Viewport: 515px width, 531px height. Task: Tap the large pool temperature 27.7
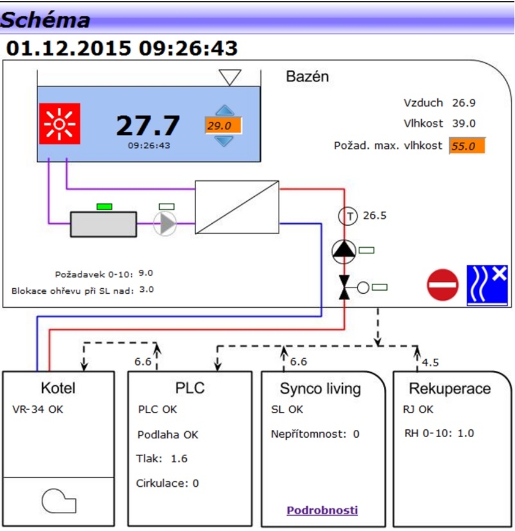click(148, 126)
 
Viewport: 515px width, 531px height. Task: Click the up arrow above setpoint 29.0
click(225, 111)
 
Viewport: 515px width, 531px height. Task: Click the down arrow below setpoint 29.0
click(225, 140)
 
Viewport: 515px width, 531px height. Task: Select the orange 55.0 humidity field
click(467, 146)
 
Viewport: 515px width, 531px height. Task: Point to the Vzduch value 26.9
click(464, 102)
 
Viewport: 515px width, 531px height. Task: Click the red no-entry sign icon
click(443, 285)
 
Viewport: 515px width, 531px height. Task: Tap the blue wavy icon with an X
click(487, 285)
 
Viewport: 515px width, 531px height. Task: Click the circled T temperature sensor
click(348, 216)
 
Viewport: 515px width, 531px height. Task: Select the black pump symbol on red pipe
click(344, 250)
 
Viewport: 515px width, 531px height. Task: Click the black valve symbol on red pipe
click(344, 286)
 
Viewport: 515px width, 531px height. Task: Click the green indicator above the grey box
click(104, 206)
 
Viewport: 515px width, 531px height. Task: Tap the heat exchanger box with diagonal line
click(237, 207)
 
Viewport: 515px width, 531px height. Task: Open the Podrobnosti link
click(322, 510)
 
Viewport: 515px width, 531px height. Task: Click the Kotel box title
click(59, 388)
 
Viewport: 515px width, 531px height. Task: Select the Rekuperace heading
click(449, 389)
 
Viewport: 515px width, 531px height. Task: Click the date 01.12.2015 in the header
click(68, 48)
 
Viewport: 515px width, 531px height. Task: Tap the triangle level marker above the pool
click(231, 77)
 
